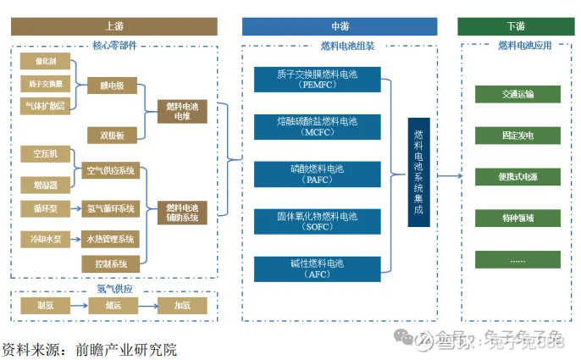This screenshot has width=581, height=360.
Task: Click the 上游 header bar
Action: click(x=114, y=26)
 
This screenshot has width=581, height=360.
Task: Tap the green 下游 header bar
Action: click(x=515, y=26)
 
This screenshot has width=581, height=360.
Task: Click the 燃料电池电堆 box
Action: click(x=182, y=110)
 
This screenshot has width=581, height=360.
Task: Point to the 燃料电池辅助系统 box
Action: click(x=182, y=212)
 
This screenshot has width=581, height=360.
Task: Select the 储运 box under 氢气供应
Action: click(x=111, y=305)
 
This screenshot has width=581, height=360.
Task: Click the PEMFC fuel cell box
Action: click(x=317, y=80)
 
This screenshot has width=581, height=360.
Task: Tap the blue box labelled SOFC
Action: click(x=317, y=222)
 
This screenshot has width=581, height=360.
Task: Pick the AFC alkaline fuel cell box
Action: click(x=317, y=269)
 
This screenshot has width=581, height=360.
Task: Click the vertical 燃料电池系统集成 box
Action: click(x=418, y=173)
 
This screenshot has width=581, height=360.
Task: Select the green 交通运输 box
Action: click(x=517, y=95)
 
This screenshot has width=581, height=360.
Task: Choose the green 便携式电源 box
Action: click(x=517, y=176)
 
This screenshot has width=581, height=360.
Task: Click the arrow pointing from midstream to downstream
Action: click(x=450, y=175)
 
